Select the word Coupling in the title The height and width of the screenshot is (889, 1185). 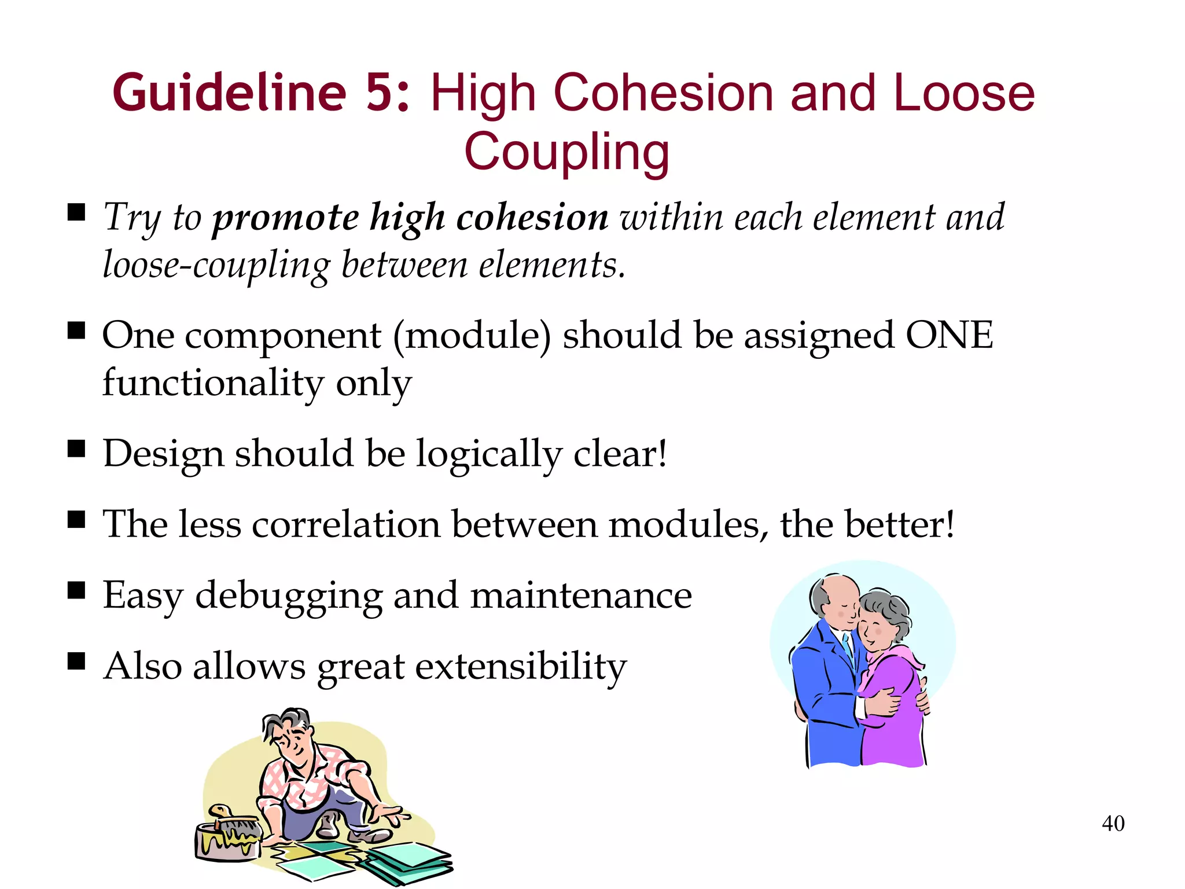tap(566, 152)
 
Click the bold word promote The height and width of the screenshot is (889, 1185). tap(286, 219)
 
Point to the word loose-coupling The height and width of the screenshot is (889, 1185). tap(216, 266)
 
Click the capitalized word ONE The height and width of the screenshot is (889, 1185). tap(949, 335)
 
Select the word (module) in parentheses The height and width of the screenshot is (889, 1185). tap(472, 336)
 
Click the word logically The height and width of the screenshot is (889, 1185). tap(489, 455)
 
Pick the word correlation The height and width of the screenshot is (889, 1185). tap(346, 525)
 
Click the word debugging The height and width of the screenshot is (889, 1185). tap(289, 597)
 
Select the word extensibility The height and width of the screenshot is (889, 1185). tap(521, 667)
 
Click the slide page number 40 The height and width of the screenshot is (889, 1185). tap(1113, 824)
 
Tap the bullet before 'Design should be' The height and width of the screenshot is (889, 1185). tap(76, 449)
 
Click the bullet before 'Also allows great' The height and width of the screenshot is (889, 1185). tap(76, 660)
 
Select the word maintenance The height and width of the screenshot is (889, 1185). tap(581, 596)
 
